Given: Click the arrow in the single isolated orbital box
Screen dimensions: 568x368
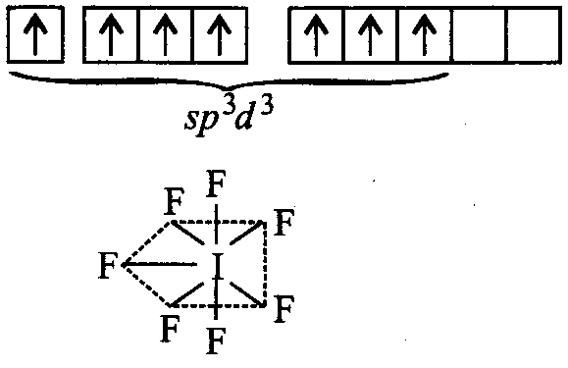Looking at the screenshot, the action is pos(35,34).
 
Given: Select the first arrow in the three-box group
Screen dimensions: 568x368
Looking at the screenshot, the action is pos(111,34).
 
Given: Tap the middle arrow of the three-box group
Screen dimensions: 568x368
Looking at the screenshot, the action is pos(165,34).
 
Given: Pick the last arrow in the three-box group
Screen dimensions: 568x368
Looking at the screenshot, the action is pos(219,34).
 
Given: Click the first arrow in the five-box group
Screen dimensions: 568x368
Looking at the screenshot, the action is pos(316,34).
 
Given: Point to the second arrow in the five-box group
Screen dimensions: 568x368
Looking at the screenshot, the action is pos(370,34).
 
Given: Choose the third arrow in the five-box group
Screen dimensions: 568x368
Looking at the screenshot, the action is pos(424,34).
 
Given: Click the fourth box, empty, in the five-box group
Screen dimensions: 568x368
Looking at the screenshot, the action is pos(479,35).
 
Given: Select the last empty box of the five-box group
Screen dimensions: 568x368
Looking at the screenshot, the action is pos(534,35).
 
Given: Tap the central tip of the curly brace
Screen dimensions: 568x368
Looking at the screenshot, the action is pos(227,89).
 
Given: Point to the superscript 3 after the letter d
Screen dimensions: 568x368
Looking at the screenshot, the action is pos(266,108).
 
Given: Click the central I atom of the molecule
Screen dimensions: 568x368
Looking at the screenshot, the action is pos(218,266).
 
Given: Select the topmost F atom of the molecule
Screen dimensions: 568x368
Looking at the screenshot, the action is pos(216,184).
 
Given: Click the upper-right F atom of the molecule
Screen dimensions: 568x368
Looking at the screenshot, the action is pos(284,222).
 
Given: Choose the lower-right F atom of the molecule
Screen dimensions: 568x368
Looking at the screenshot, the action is pos(284,308).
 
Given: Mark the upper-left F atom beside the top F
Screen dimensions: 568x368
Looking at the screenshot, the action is pos(175,201).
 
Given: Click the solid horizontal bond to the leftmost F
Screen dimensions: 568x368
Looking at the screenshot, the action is pos(159,265).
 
